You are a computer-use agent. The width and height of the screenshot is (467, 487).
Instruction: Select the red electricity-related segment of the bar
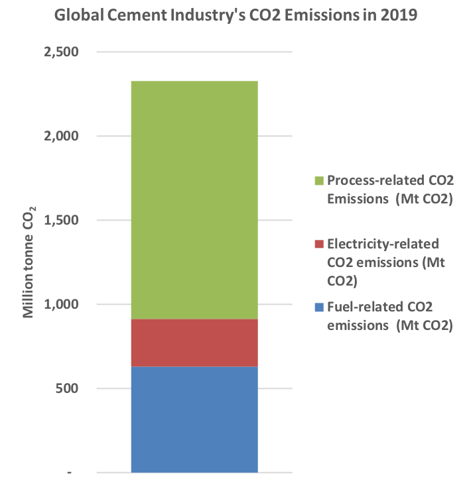[x=194, y=343]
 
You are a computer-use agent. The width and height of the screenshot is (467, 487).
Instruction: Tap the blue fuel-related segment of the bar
[x=194, y=419]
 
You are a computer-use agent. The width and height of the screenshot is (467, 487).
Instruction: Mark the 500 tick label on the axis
[x=66, y=388]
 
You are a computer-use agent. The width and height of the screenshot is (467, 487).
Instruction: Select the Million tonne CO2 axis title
[x=30, y=262]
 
